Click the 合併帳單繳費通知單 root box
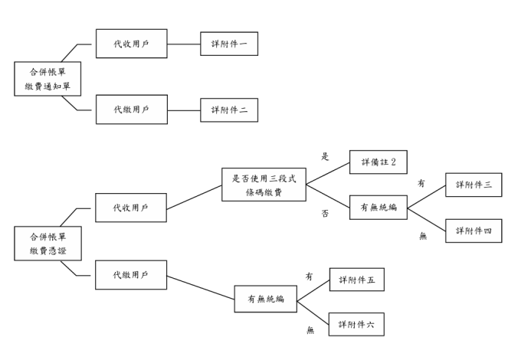pos(48,78)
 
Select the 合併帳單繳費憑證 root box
pos(48,243)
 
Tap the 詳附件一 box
pos(229,44)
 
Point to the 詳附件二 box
pos(229,110)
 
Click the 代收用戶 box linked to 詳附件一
pos(131,44)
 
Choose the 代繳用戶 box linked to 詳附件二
pos(131,110)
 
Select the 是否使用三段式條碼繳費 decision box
pos(264,185)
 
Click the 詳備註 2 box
pos(378,162)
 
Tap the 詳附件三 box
pos(474,185)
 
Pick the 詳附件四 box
pos(474,230)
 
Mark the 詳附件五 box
pos(356,280)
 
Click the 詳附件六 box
pos(356,324)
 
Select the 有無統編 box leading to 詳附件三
pos(378,208)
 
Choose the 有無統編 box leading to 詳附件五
pos(265,299)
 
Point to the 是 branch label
pos(325,156)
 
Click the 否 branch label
pos(325,214)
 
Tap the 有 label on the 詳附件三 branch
pos(421,184)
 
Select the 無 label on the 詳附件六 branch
pos(310,330)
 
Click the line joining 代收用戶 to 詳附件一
pos(183,44)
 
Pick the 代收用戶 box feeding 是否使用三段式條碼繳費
pos(131,208)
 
